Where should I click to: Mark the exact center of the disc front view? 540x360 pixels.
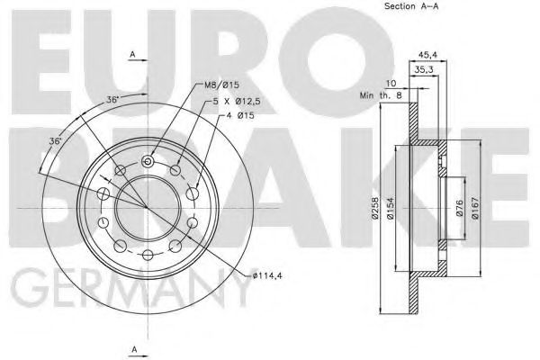coord(147,206)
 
